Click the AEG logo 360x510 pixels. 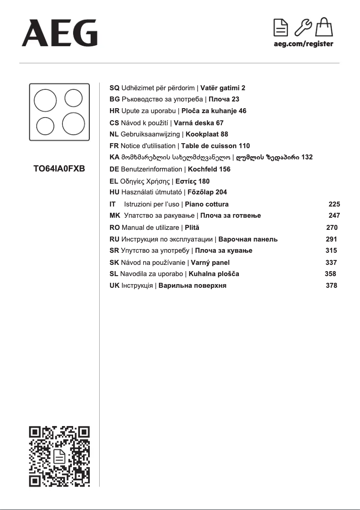point(59,32)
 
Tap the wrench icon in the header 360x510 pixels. point(303,28)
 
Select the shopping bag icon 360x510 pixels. point(324,27)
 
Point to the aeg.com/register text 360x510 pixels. point(303,44)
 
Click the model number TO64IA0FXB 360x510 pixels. point(59,169)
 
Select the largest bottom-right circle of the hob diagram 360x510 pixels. point(73,123)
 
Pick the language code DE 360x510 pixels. point(114,169)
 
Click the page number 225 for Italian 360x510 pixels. point(334,204)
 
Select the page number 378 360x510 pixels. point(331,286)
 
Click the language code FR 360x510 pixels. point(114,146)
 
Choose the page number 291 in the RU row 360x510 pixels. point(331,239)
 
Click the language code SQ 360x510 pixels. point(114,88)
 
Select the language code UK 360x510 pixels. point(114,286)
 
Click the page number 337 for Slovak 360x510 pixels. point(331,263)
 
